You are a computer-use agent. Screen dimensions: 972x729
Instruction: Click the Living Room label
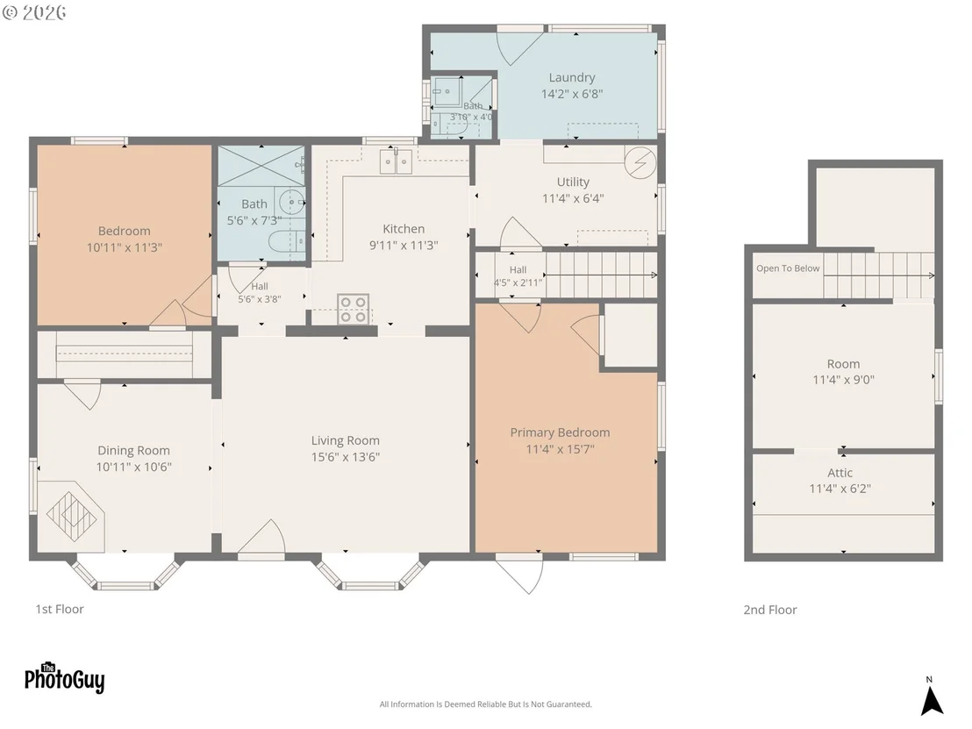click(346, 440)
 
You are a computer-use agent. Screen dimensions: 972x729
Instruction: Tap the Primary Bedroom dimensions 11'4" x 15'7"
click(560, 449)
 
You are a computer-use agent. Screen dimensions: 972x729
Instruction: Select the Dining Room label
click(133, 451)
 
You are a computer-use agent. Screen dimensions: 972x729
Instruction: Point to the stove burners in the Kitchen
click(353, 309)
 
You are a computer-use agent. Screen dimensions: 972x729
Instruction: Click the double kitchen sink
click(396, 162)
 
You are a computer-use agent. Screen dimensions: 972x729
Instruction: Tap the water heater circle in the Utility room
click(640, 162)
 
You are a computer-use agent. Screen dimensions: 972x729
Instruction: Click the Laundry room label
click(572, 77)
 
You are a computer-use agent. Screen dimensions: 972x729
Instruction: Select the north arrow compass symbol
click(931, 697)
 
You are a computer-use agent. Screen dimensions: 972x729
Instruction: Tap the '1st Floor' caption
click(60, 610)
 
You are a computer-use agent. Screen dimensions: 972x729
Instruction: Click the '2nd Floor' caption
click(770, 610)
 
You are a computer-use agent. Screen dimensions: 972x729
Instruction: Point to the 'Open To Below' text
click(788, 268)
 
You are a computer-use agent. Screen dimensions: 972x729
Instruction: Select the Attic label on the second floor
click(840, 472)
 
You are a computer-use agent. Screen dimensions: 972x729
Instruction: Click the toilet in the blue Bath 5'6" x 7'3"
click(286, 241)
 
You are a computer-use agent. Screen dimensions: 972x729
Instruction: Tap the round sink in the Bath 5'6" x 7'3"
click(290, 202)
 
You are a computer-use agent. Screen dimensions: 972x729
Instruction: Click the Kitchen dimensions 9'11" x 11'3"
click(404, 246)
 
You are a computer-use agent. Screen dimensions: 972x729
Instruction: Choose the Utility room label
click(573, 182)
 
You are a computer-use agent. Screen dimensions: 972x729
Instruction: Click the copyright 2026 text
click(34, 12)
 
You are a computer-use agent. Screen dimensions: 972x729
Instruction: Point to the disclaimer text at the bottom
click(486, 704)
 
